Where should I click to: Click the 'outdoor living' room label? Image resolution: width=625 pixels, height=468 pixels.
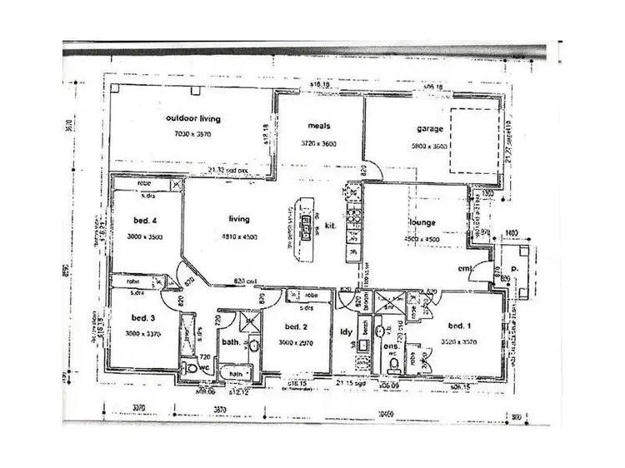coord(192,119)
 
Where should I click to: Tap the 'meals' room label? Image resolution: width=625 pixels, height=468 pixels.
coord(319,127)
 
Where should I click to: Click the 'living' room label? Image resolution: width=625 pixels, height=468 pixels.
coord(240,220)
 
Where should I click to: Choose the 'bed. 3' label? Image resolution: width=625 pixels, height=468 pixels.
coord(144,317)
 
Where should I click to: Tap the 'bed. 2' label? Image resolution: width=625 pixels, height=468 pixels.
coord(297,327)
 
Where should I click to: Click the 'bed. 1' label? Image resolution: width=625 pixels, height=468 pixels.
coord(461,326)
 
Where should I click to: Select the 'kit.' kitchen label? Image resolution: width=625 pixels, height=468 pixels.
coord(330,225)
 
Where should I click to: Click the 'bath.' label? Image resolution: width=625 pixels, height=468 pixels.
coord(231,343)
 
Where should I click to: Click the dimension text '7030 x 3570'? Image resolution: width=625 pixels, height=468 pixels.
coord(192,133)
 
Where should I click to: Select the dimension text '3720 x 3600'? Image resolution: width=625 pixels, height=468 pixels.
coord(318,143)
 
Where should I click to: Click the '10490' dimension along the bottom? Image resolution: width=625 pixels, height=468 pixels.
coord(385,412)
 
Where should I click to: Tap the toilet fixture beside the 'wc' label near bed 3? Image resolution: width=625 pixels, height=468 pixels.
coord(191,366)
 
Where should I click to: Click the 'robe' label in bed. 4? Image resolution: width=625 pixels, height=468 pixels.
coord(144,184)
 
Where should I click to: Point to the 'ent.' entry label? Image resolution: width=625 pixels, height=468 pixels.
coord(467,268)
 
